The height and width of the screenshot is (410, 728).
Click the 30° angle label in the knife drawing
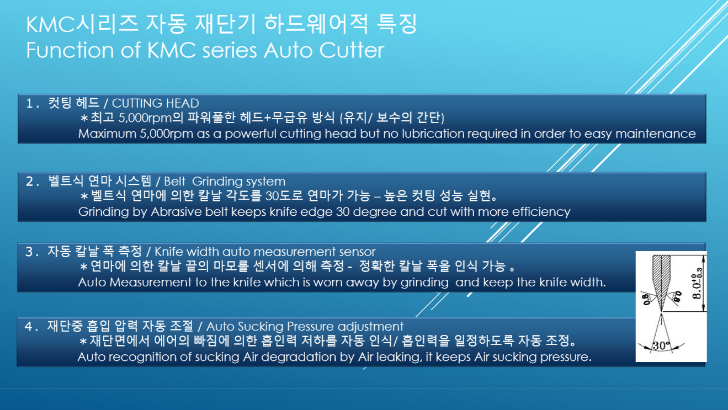(x=661, y=345)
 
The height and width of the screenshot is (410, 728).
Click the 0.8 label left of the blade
(x=646, y=299)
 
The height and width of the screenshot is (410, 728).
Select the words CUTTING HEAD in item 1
(x=155, y=103)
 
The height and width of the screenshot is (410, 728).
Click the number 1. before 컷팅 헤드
(x=32, y=104)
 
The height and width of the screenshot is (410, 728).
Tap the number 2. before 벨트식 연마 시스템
(x=32, y=182)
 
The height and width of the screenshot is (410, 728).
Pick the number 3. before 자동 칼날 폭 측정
(x=32, y=252)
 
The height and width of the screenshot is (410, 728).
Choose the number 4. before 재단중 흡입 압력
(x=31, y=327)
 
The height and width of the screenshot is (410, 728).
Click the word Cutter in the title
(x=352, y=50)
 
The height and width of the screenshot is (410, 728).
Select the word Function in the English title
(x=70, y=50)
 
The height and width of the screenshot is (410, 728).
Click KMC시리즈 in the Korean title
(x=82, y=24)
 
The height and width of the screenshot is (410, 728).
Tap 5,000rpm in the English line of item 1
(x=166, y=134)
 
